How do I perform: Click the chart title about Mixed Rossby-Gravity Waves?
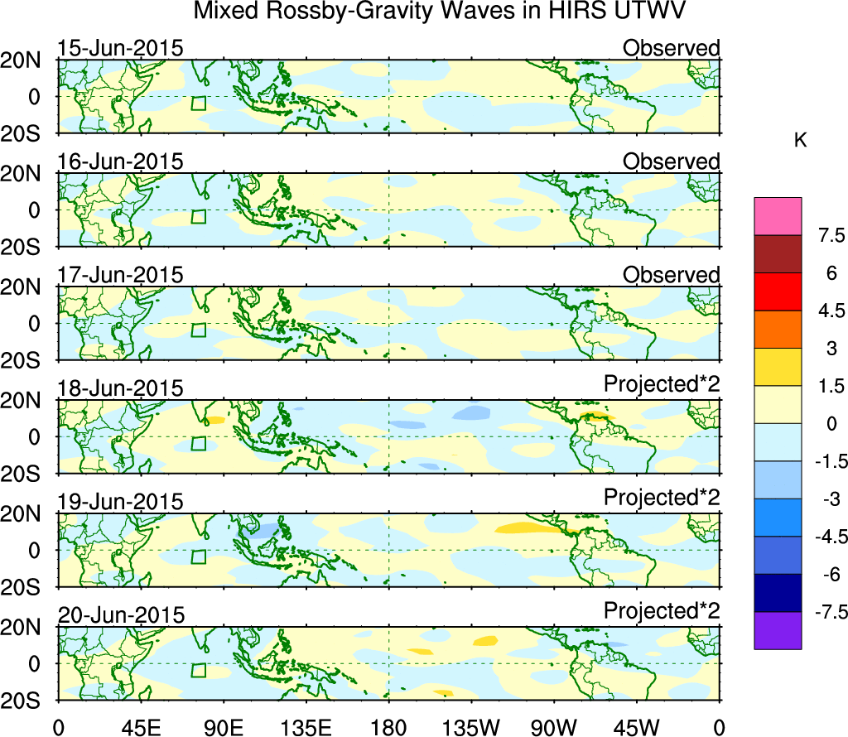tap(440, 12)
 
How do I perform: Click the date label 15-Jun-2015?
tap(120, 48)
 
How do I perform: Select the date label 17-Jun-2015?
tap(120, 275)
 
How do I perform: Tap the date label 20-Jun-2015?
tap(120, 614)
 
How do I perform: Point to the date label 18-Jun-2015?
tap(120, 388)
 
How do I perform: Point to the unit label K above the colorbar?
tap(800, 141)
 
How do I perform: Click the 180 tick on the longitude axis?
tap(389, 727)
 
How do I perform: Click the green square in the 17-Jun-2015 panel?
tap(198, 330)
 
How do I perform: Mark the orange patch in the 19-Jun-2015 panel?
tap(531, 527)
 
